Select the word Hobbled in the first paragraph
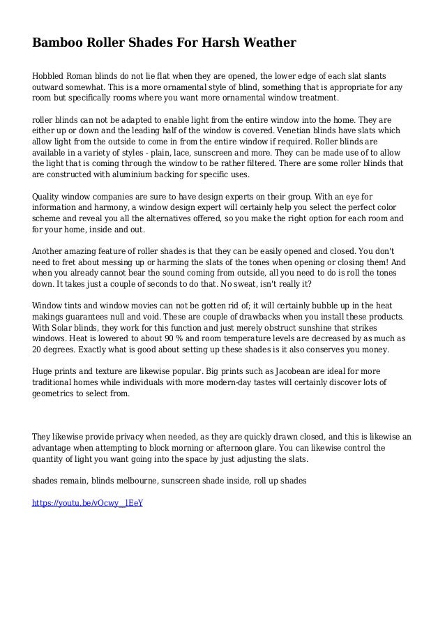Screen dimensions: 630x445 [x=51, y=75]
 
